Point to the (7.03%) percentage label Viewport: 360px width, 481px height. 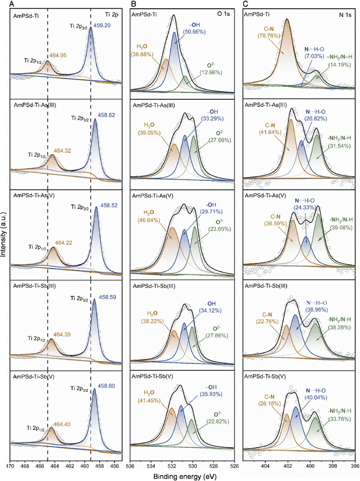pyautogui.click(x=314, y=56)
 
